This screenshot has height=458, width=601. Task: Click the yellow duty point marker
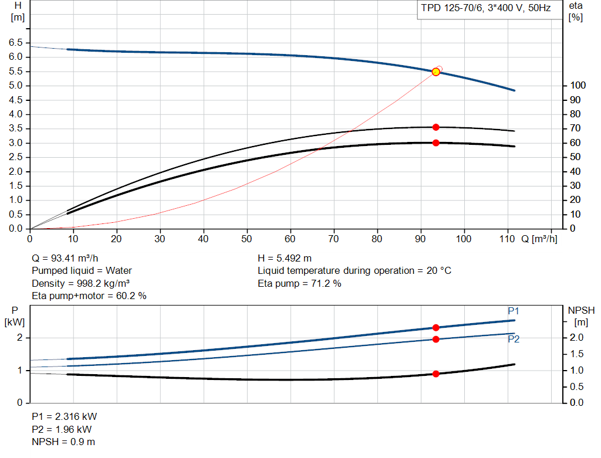(436, 72)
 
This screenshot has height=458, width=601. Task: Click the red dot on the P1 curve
(436, 327)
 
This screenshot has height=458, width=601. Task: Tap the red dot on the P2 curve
(436, 340)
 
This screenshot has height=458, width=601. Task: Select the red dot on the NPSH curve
(436, 374)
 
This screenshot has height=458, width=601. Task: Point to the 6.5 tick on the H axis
(16, 42)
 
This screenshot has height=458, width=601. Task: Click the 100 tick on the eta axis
(578, 86)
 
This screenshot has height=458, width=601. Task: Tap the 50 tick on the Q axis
(247, 239)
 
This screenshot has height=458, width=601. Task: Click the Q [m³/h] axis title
(539, 239)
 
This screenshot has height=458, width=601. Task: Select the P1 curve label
(513, 311)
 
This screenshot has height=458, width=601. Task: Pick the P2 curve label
(514, 339)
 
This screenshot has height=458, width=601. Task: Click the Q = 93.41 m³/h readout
(65, 258)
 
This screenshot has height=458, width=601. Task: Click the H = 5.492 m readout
(285, 258)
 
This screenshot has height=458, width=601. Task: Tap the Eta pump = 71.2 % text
(299, 283)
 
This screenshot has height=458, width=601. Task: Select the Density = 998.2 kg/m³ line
(80, 283)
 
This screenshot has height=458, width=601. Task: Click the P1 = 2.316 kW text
(65, 416)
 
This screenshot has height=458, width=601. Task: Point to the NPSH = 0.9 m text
(63, 442)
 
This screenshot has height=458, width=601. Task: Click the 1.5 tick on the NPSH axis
(576, 354)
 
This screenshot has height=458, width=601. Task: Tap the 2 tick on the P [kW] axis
(19, 338)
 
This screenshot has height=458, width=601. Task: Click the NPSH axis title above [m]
(581, 310)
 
